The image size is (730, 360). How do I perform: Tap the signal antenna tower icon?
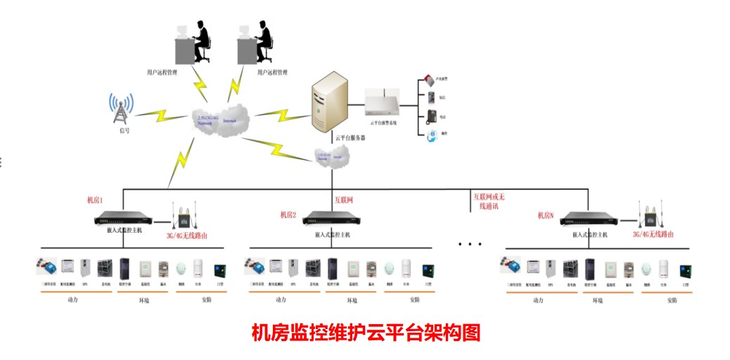coord(121,108)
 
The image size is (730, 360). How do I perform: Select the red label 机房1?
coord(94,200)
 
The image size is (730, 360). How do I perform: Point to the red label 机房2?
coord(288,214)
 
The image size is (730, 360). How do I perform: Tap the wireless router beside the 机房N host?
coord(651,215)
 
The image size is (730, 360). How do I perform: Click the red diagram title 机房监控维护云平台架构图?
coord(365,333)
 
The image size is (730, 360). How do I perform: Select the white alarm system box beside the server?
coord(384,106)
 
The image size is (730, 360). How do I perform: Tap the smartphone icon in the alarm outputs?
coord(431,98)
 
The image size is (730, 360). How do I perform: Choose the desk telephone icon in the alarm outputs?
coord(431,116)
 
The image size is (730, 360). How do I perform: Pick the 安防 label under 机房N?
coord(672,300)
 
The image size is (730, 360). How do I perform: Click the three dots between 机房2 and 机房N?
coord(469,244)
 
